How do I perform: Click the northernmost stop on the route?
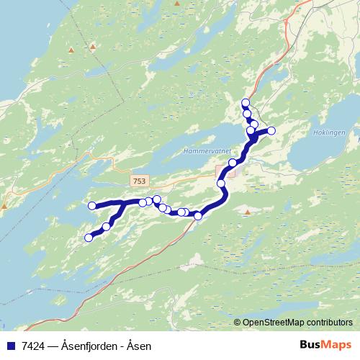pyautogui.click(x=246, y=103)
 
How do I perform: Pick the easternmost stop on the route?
pyautogui.click(x=271, y=130)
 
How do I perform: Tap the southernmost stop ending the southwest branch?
pyautogui.click(x=89, y=238)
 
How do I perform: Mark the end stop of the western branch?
pyautogui.click(x=92, y=207)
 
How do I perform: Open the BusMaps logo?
pyautogui.click(x=326, y=346)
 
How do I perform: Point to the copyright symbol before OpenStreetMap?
pyautogui.click(x=238, y=323)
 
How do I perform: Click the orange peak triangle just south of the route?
pyautogui.click(x=247, y=212)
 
